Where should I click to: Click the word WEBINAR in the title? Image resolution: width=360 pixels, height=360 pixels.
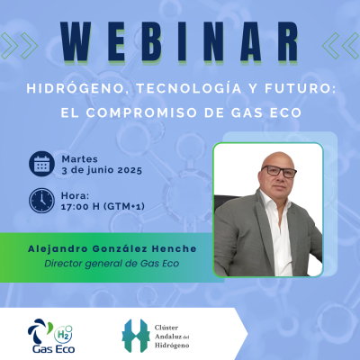[x=180, y=42]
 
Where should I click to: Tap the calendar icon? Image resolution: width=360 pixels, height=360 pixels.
[x=41, y=164]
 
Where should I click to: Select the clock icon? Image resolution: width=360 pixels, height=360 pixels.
[x=41, y=201]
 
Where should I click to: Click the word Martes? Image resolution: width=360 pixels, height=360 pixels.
[x=79, y=158]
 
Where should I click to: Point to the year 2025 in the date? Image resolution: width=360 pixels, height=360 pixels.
[x=130, y=170]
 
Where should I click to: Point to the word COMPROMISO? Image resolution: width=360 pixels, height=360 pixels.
[x=141, y=112]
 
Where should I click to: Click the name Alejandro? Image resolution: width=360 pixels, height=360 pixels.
[x=58, y=249]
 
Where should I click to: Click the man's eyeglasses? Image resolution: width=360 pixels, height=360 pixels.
[x=279, y=172]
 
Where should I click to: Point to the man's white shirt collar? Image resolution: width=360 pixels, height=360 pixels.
[x=272, y=201]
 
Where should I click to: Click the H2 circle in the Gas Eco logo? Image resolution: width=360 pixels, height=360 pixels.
[x=63, y=334]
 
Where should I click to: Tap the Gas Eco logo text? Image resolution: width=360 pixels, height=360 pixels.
[x=54, y=349]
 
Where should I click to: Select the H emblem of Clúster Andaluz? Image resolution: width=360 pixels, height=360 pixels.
[x=136, y=336]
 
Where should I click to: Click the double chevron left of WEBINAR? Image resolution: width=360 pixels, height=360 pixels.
[x=19, y=46]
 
